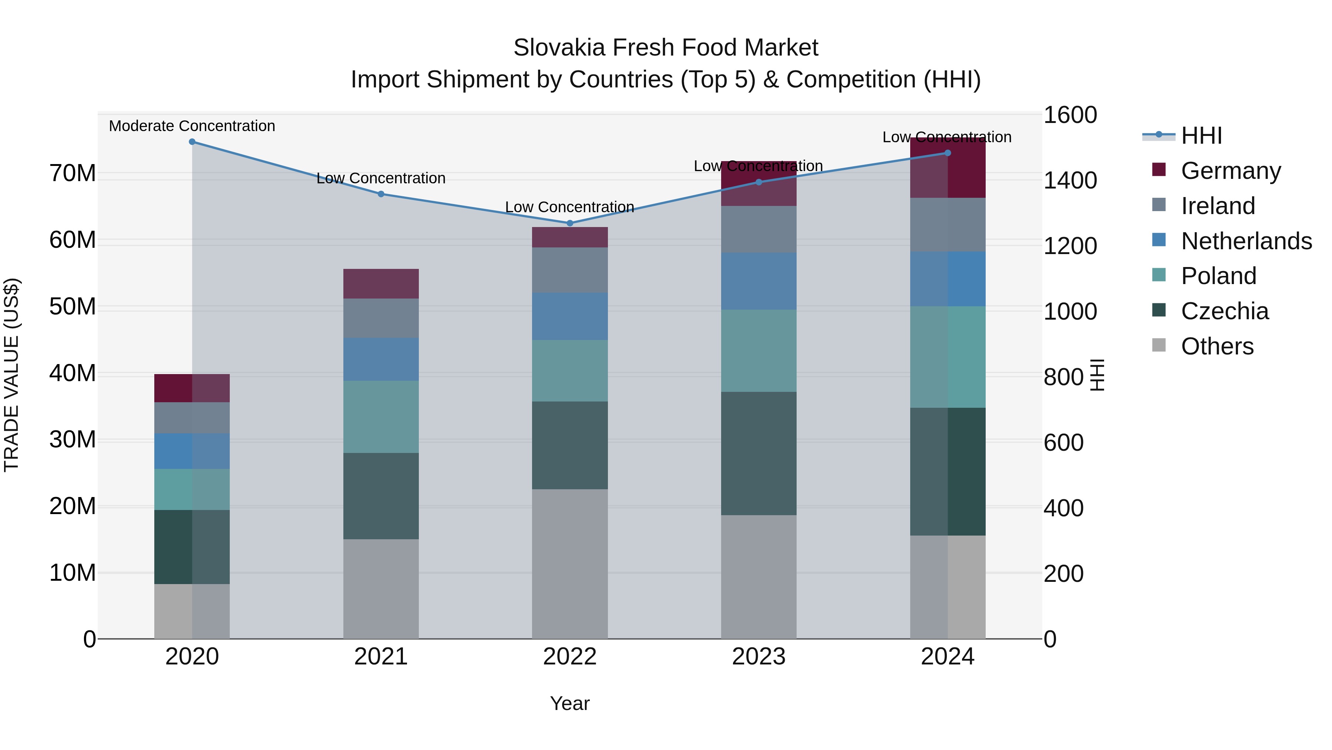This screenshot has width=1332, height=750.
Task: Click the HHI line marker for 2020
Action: [x=192, y=141]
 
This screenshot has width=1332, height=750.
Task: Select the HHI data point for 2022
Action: [x=570, y=223]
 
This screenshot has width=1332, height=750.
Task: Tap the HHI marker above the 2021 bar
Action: [x=381, y=194]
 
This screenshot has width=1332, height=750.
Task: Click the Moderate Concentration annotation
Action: [x=192, y=126]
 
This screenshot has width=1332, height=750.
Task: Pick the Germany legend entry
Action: [x=1231, y=171]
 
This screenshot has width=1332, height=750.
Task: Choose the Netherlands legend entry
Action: [x=1246, y=241]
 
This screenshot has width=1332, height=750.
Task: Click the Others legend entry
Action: [x=1217, y=346]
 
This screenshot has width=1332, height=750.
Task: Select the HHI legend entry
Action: [x=1201, y=136]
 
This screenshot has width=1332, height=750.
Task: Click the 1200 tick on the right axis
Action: [x=1070, y=246]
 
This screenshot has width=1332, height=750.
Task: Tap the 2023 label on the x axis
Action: [x=758, y=657]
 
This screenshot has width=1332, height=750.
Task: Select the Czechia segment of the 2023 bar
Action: [x=758, y=453]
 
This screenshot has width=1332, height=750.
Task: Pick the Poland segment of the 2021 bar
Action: [x=381, y=417]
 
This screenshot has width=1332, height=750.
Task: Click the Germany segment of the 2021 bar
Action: [x=381, y=284]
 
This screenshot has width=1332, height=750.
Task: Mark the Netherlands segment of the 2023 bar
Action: [x=758, y=281]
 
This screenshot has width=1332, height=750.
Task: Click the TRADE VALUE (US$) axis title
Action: [x=11, y=375]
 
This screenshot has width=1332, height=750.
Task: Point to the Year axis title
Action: [x=570, y=703]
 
